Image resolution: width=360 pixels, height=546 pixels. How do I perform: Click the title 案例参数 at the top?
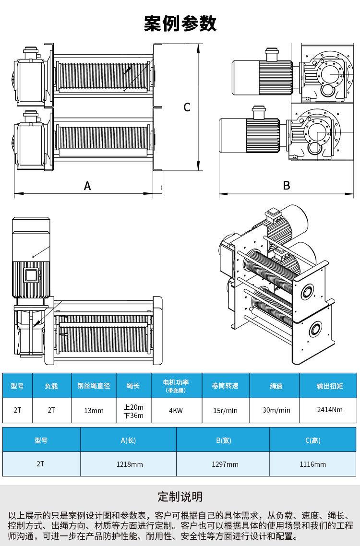click(180, 23)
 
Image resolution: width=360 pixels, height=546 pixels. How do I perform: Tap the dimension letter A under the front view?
click(87, 186)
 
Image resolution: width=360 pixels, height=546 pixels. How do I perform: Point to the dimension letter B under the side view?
click(287, 185)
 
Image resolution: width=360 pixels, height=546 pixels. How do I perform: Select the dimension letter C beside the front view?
click(187, 107)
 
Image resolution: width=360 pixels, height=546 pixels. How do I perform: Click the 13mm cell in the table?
click(94, 411)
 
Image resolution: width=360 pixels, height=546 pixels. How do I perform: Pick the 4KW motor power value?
click(176, 411)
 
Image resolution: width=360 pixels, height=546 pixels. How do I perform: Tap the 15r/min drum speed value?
click(225, 411)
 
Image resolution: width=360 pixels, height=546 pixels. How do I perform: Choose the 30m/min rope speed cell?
click(276, 411)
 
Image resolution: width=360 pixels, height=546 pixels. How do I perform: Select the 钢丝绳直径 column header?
click(94, 386)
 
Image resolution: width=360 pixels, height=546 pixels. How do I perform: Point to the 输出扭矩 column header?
click(330, 386)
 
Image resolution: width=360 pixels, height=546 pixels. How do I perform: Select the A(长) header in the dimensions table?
click(128, 440)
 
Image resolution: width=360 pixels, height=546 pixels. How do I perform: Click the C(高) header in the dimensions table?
click(312, 440)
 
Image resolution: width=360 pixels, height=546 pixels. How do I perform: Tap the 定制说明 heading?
click(180, 496)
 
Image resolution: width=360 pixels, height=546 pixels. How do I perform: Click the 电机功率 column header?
click(176, 385)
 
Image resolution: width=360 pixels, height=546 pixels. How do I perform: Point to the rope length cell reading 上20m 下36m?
click(133, 411)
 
